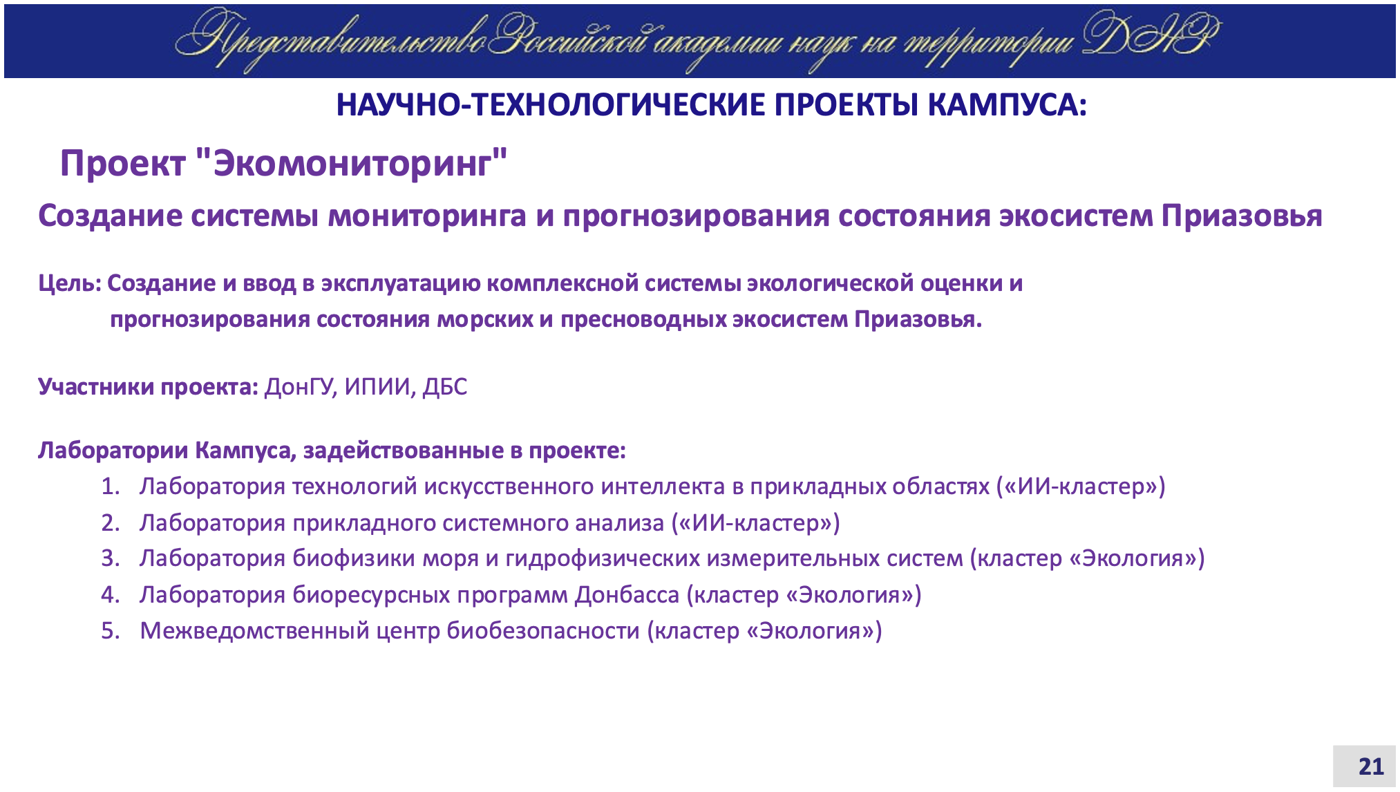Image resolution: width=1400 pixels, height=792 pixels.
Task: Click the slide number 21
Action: [1371, 766]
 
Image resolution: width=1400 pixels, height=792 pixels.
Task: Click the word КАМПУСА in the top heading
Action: [1007, 105]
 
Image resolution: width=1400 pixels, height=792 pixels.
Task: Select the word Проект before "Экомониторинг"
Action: [122, 164]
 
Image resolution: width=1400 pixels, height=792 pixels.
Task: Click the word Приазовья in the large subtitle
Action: [1242, 216]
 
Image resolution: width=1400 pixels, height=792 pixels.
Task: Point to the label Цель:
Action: [70, 284]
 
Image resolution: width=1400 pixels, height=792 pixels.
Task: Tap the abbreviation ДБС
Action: [445, 387]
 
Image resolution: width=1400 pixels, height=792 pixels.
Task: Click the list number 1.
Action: [111, 487]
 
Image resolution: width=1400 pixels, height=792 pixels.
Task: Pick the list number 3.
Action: [111, 558]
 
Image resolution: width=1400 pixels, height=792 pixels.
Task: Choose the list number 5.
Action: [111, 631]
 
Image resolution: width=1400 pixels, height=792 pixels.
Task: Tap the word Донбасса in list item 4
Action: [627, 595]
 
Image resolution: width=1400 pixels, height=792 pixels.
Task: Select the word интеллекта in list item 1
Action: [662, 487]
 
